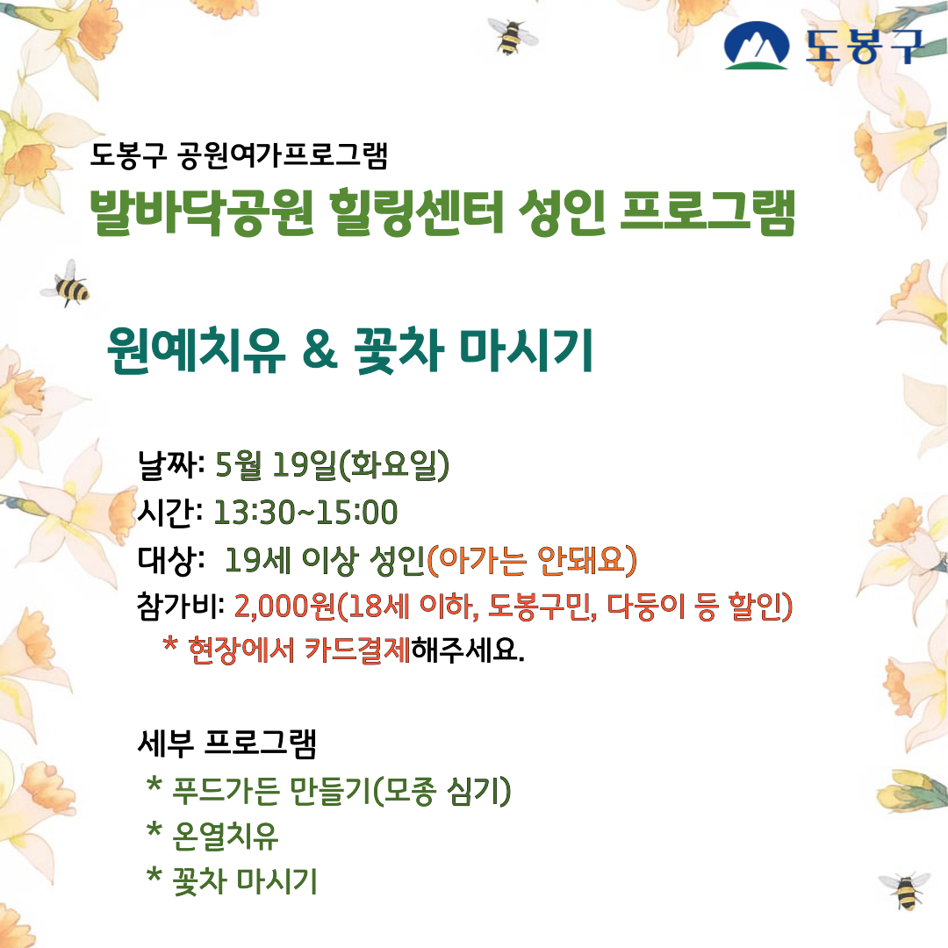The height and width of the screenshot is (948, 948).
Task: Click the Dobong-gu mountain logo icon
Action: click(757, 46)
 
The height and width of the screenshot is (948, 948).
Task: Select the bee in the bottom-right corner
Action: click(903, 888)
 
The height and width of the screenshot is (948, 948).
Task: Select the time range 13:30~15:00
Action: click(306, 511)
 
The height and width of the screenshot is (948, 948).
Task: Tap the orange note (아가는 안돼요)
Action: click(531, 559)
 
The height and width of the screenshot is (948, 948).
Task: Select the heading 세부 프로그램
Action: click(227, 744)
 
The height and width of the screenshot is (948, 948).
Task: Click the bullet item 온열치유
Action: click(226, 836)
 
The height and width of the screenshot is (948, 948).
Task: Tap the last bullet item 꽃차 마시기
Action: click(245, 881)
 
